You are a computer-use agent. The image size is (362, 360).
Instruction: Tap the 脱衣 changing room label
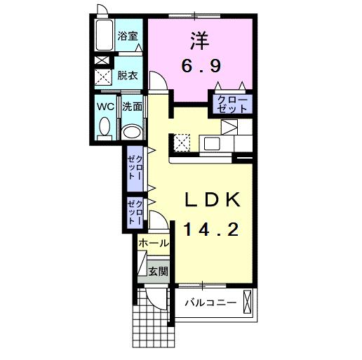pyautogui.click(x=127, y=75)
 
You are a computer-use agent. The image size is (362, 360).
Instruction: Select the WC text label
pyautogui.click(x=106, y=107)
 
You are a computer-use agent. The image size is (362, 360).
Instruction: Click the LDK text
pyautogui.click(x=213, y=199)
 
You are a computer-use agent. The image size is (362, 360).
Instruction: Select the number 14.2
pyautogui.click(x=213, y=229)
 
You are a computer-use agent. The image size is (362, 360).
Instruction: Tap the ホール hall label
pyautogui.click(x=154, y=244)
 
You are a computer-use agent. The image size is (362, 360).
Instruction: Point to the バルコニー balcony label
pyautogui.click(x=210, y=303)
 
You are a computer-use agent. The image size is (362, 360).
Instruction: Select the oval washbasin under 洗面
pyautogui.click(x=131, y=132)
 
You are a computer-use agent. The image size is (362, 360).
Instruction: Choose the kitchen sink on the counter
pyautogui.click(x=212, y=143)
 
